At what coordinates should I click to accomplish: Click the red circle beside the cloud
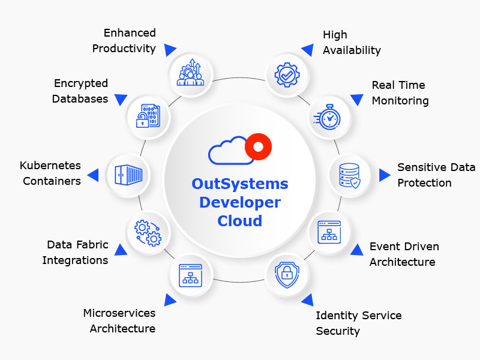[x=259, y=146]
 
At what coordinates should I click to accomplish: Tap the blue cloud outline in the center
[x=229, y=151]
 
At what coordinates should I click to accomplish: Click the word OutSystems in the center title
[x=240, y=184]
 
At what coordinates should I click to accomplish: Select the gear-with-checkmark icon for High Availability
[x=286, y=74]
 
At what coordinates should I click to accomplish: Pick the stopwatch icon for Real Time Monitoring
[x=328, y=118]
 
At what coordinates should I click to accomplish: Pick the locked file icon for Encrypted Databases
[x=147, y=116]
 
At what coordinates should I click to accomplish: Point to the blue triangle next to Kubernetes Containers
[x=93, y=175]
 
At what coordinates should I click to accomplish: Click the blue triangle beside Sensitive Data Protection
[x=384, y=175]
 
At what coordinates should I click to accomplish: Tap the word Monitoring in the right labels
[x=400, y=101]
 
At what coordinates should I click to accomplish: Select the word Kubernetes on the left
[x=50, y=166]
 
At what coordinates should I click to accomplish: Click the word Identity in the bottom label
[x=336, y=316]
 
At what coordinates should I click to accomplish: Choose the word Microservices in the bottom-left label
[x=119, y=313]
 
